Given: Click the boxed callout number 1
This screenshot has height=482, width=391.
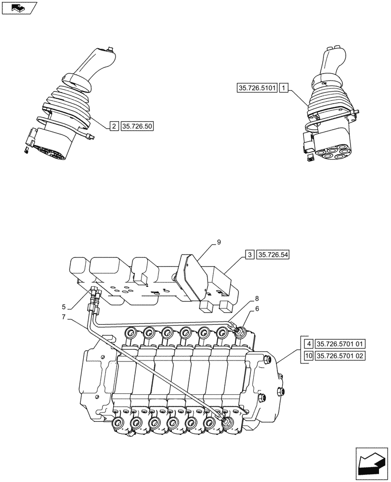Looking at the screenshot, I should click(x=285, y=88).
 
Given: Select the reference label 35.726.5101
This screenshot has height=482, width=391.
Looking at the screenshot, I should click(x=257, y=88).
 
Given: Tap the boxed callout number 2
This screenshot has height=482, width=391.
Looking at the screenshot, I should click(x=114, y=126).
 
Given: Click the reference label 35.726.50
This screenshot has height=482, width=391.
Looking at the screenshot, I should click(x=137, y=126).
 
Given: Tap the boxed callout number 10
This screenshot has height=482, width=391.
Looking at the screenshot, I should click(x=308, y=356).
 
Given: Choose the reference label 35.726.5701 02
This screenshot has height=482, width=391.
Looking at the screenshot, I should click(x=341, y=356).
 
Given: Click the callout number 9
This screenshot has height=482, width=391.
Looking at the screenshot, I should click(x=219, y=242).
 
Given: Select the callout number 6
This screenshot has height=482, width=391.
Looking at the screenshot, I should click(x=257, y=310).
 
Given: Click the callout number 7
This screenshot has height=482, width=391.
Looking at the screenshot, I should click(x=64, y=318).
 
